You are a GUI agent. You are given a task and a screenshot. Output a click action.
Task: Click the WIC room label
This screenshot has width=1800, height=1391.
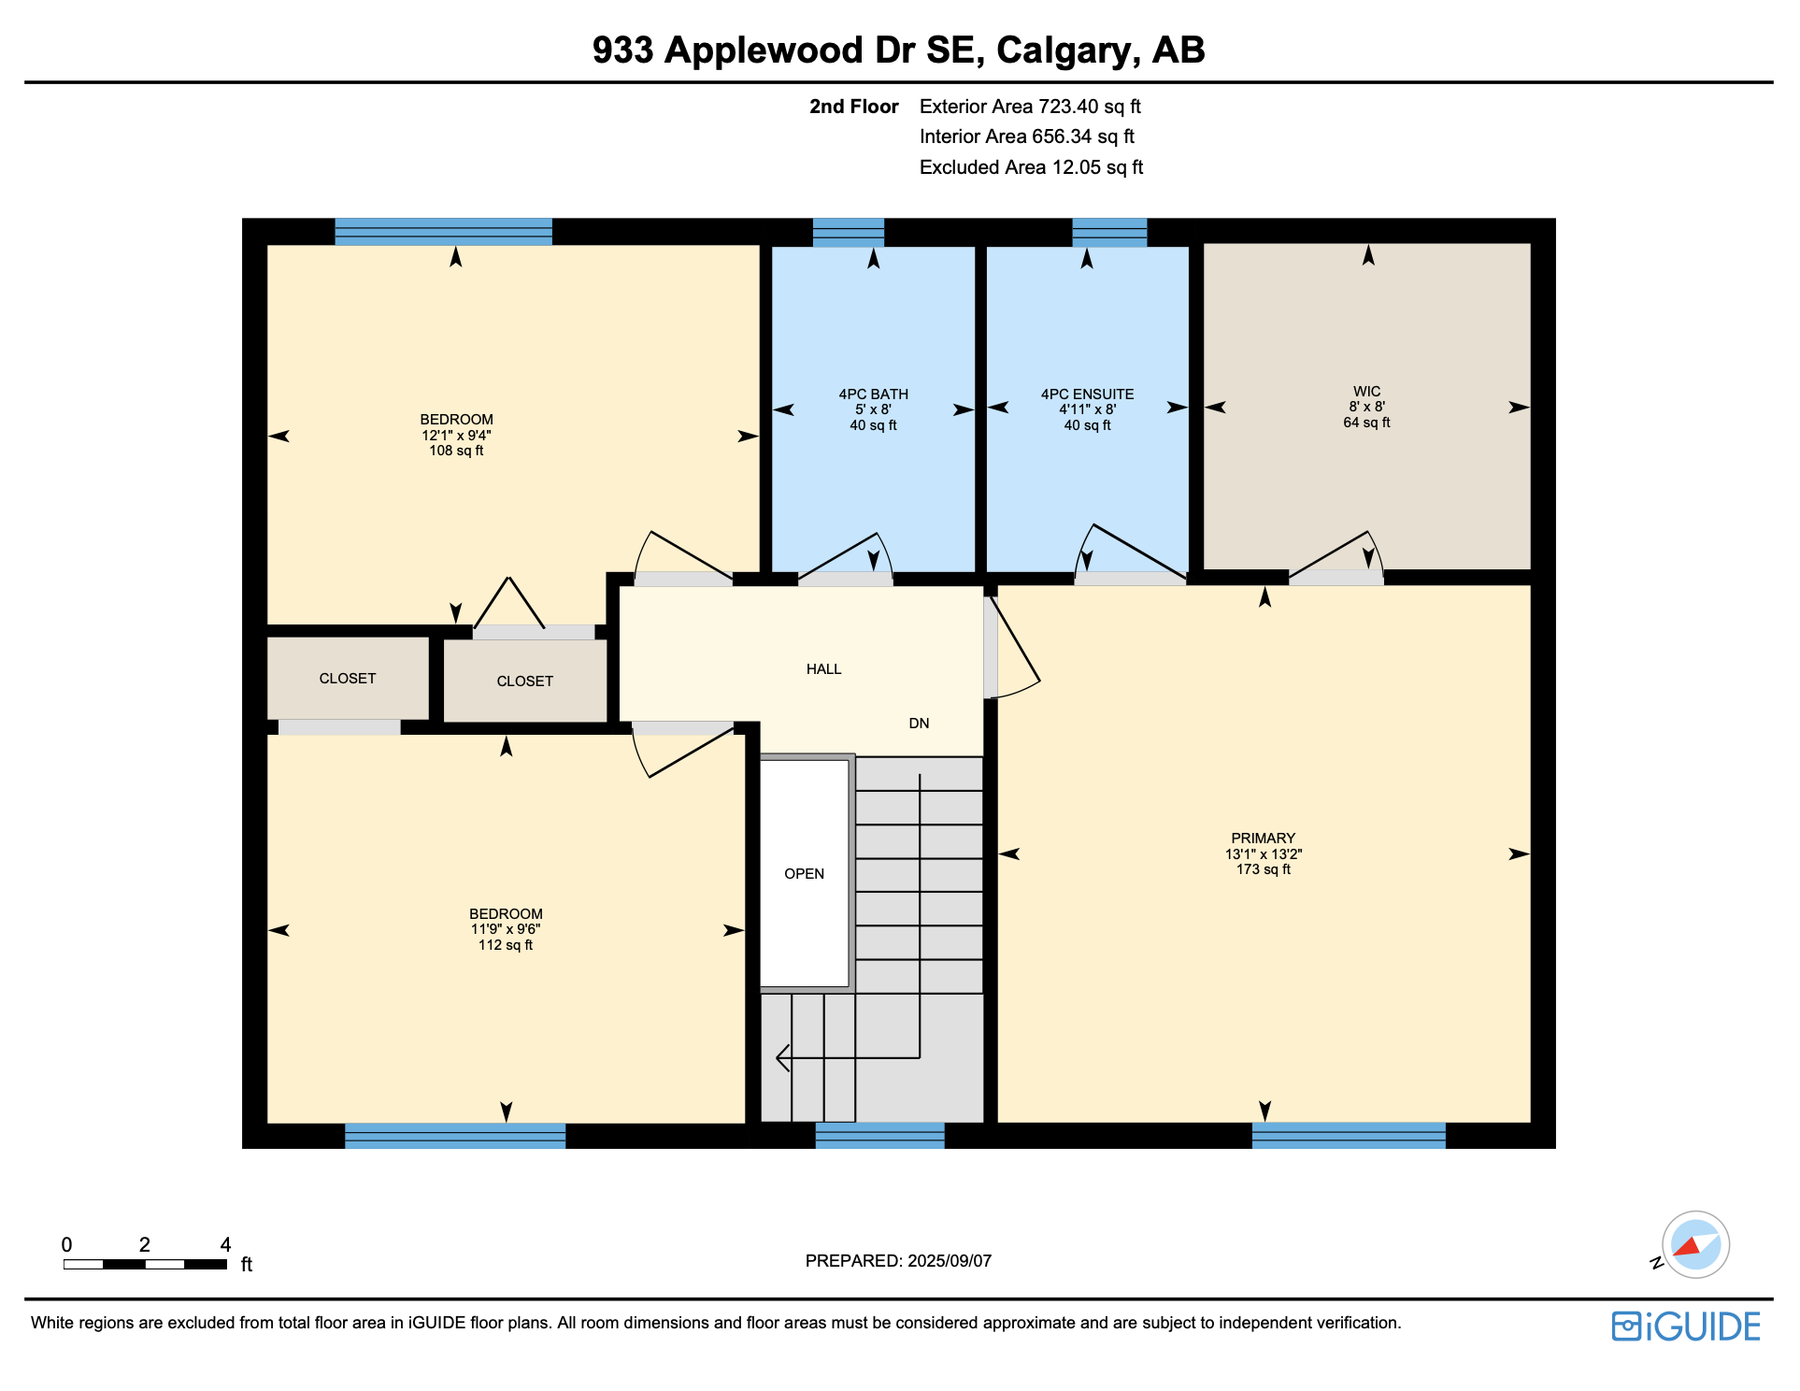tap(1366, 392)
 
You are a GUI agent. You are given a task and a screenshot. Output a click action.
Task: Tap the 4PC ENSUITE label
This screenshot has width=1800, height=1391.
tap(1087, 394)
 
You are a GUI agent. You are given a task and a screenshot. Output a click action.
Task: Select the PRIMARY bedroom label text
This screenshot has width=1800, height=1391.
tap(1263, 839)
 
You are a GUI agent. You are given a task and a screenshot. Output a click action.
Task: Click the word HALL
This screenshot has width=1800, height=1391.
tap(823, 669)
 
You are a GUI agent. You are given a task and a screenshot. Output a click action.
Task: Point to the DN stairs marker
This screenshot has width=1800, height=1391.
tap(919, 724)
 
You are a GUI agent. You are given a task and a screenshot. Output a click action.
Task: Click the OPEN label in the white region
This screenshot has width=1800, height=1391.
tap(804, 874)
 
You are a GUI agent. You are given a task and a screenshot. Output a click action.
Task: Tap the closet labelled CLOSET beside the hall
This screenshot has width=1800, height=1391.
tap(524, 681)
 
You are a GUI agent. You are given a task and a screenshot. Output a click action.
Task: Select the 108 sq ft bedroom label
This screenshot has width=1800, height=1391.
tap(456, 436)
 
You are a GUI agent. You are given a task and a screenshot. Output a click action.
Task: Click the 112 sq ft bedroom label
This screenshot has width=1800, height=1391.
tap(506, 929)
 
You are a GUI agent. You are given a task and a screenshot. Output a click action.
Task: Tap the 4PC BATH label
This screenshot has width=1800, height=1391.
tap(873, 394)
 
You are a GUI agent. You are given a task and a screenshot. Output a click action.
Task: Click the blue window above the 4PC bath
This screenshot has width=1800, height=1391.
tap(848, 232)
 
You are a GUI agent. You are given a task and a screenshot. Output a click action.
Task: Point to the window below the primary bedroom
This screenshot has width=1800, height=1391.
tap(1348, 1135)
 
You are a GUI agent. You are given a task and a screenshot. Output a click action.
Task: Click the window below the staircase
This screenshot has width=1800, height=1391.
tap(879, 1135)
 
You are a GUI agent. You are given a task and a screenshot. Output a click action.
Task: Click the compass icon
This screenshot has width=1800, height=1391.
tap(1694, 1244)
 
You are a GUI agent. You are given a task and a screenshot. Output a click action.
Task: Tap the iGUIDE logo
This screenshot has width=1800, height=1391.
tap(1686, 1326)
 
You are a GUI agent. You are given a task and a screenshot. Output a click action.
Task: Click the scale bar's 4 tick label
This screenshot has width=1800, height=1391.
tap(225, 1244)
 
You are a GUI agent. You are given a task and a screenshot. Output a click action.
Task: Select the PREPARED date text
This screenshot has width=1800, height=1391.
tap(898, 1261)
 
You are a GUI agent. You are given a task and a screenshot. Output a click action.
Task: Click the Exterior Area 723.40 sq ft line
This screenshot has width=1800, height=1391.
tap(1030, 107)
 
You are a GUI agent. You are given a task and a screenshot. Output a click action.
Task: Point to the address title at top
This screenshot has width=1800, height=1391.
tap(898, 50)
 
